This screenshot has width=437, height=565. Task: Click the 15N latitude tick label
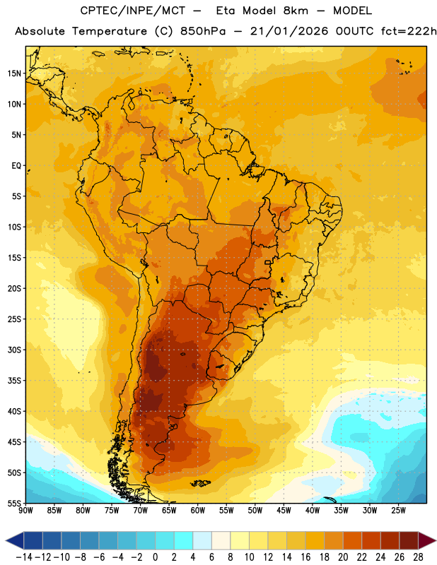(x=14, y=73)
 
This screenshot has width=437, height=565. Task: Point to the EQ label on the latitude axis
(x=16, y=166)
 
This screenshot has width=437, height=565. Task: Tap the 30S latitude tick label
(x=14, y=350)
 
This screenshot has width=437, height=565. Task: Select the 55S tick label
(x=14, y=503)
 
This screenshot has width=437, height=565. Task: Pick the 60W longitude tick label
(x=198, y=510)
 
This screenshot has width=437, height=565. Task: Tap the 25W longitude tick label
(x=398, y=510)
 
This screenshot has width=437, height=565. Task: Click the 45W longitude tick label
(x=284, y=510)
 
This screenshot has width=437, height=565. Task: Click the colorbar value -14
(x=25, y=557)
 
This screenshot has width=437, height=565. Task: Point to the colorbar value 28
(x=418, y=557)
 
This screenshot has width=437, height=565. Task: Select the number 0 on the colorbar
(x=155, y=557)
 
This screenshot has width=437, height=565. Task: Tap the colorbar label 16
(x=305, y=557)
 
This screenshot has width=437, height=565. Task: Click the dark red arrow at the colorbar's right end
(x=426, y=540)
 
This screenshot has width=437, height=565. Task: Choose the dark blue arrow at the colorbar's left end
(x=15, y=540)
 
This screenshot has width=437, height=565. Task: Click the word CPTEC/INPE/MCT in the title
(x=132, y=11)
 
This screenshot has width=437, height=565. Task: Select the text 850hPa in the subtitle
(x=203, y=31)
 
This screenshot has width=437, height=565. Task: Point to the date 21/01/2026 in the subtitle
(x=289, y=31)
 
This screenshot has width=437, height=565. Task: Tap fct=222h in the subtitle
(x=409, y=31)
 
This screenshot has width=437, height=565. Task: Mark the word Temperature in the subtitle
(x=110, y=31)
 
